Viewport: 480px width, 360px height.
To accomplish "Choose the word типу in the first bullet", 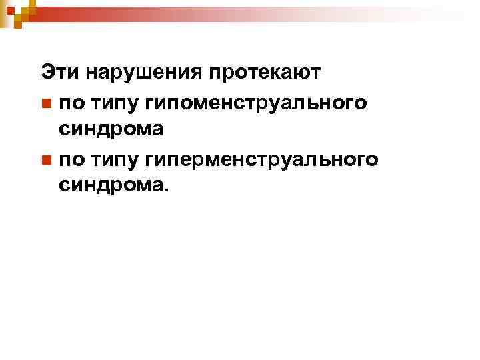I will click(109, 102).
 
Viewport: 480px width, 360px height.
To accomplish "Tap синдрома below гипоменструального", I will click(111, 129).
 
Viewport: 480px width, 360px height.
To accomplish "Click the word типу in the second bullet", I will click(109, 159).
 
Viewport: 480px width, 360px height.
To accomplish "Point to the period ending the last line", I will click(167, 190).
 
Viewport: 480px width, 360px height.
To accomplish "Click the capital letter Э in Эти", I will click(47, 71).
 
